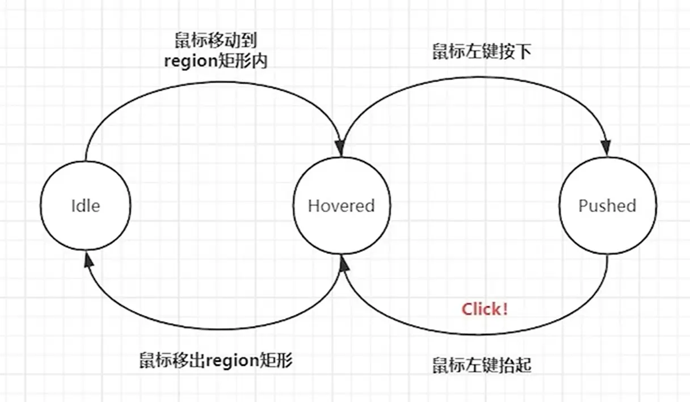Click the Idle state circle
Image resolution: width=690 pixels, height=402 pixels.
(x=86, y=205)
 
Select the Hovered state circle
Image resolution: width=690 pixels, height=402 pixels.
(x=342, y=205)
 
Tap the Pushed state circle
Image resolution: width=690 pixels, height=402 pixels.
(x=607, y=205)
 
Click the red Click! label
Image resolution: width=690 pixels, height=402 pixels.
(x=485, y=309)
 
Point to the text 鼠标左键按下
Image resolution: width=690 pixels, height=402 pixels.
(x=481, y=52)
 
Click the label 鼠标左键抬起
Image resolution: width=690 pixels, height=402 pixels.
(x=482, y=365)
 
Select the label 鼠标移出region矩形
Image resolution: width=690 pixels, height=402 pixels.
(x=216, y=360)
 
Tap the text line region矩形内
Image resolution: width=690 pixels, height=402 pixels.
(x=216, y=61)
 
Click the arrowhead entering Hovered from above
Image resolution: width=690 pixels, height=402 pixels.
(x=341, y=147)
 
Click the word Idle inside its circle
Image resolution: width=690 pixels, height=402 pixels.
(x=86, y=205)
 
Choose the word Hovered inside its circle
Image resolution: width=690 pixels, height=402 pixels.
(x=342, y=205)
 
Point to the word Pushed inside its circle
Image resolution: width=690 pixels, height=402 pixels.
(x=607, y=205)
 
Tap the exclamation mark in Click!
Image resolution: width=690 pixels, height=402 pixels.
(x=504, y=309)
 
